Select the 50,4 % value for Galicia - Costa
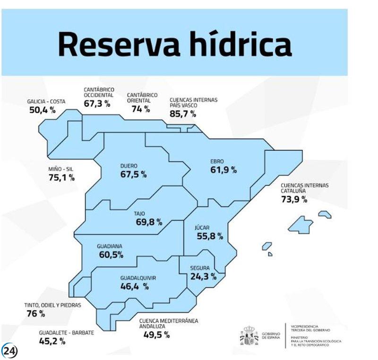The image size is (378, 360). point(42,111)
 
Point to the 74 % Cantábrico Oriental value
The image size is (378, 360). point(140,109)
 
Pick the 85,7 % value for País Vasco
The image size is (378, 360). point(183,114)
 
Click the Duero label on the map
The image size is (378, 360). point(129,166)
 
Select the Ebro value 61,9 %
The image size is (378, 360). point(223,169)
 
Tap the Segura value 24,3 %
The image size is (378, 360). point(203,276)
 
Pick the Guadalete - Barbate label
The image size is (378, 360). point(66,333)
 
